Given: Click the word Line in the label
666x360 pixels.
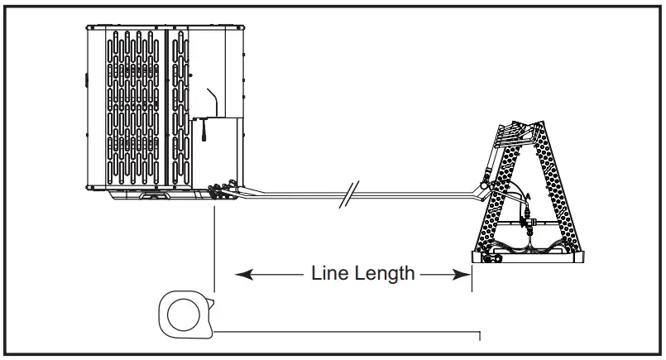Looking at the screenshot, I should [327, 273].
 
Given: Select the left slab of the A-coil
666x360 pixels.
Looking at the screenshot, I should [496, 199].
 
